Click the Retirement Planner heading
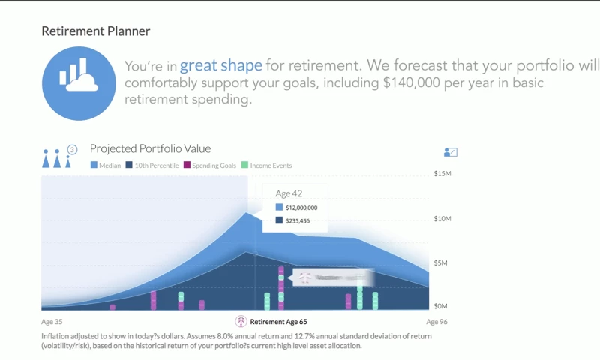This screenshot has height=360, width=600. (95, 31)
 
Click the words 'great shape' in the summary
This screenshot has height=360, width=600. (220, 65)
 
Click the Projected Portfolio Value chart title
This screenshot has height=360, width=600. (150, 148)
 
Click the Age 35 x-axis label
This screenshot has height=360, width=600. (52, 322)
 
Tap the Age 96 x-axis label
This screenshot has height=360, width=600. (436, 322)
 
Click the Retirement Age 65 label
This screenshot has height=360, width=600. (277, 322)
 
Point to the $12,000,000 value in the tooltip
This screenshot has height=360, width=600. (301, 208)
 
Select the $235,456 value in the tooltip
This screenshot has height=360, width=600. (298, 221)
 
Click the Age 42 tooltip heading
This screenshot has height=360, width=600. (289, 193)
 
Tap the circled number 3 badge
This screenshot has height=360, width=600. (73, 150)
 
